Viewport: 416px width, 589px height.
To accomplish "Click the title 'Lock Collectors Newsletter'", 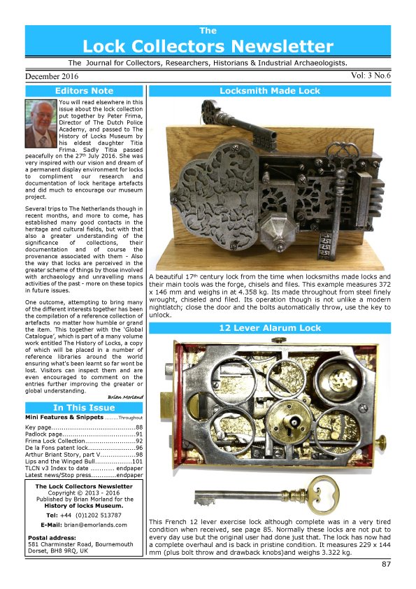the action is [208, 46].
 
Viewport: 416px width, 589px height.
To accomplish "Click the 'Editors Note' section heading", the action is [84, 91].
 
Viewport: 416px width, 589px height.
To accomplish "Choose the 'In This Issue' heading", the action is [84, 408].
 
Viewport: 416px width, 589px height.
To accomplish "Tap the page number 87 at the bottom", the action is [387, 564].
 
